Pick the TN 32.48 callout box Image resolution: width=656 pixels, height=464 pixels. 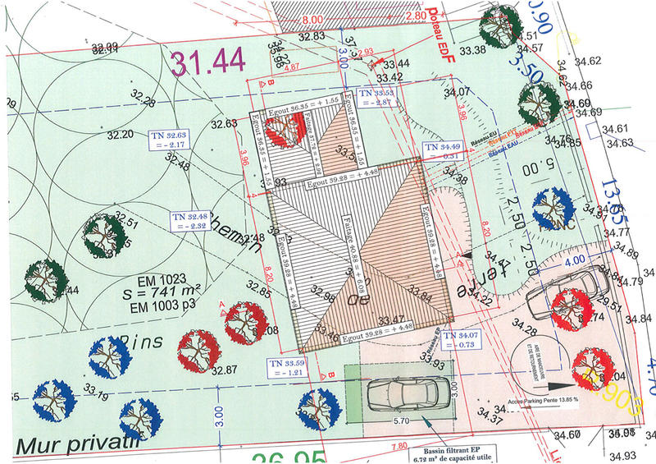[x=188, y=219]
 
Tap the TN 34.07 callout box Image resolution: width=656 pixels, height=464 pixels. [x=460, y=340]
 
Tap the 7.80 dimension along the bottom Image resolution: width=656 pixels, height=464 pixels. [x=398, y=445]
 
